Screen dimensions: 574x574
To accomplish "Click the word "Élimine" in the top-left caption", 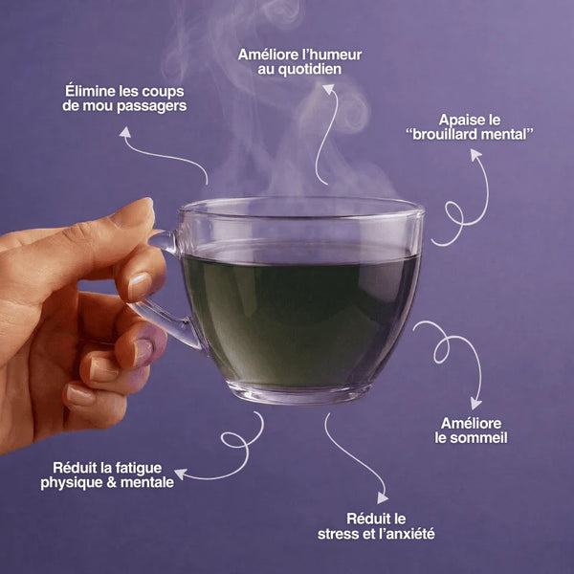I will pyautogui.click(x=89, y=90).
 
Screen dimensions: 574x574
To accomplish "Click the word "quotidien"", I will pyautogui.click(x=301, y=70).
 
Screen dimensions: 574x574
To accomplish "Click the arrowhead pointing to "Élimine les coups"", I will pyautogui.click(x=124, y=132).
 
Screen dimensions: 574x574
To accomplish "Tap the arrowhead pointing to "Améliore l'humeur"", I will pyautogui.click(x=328, y=89).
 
